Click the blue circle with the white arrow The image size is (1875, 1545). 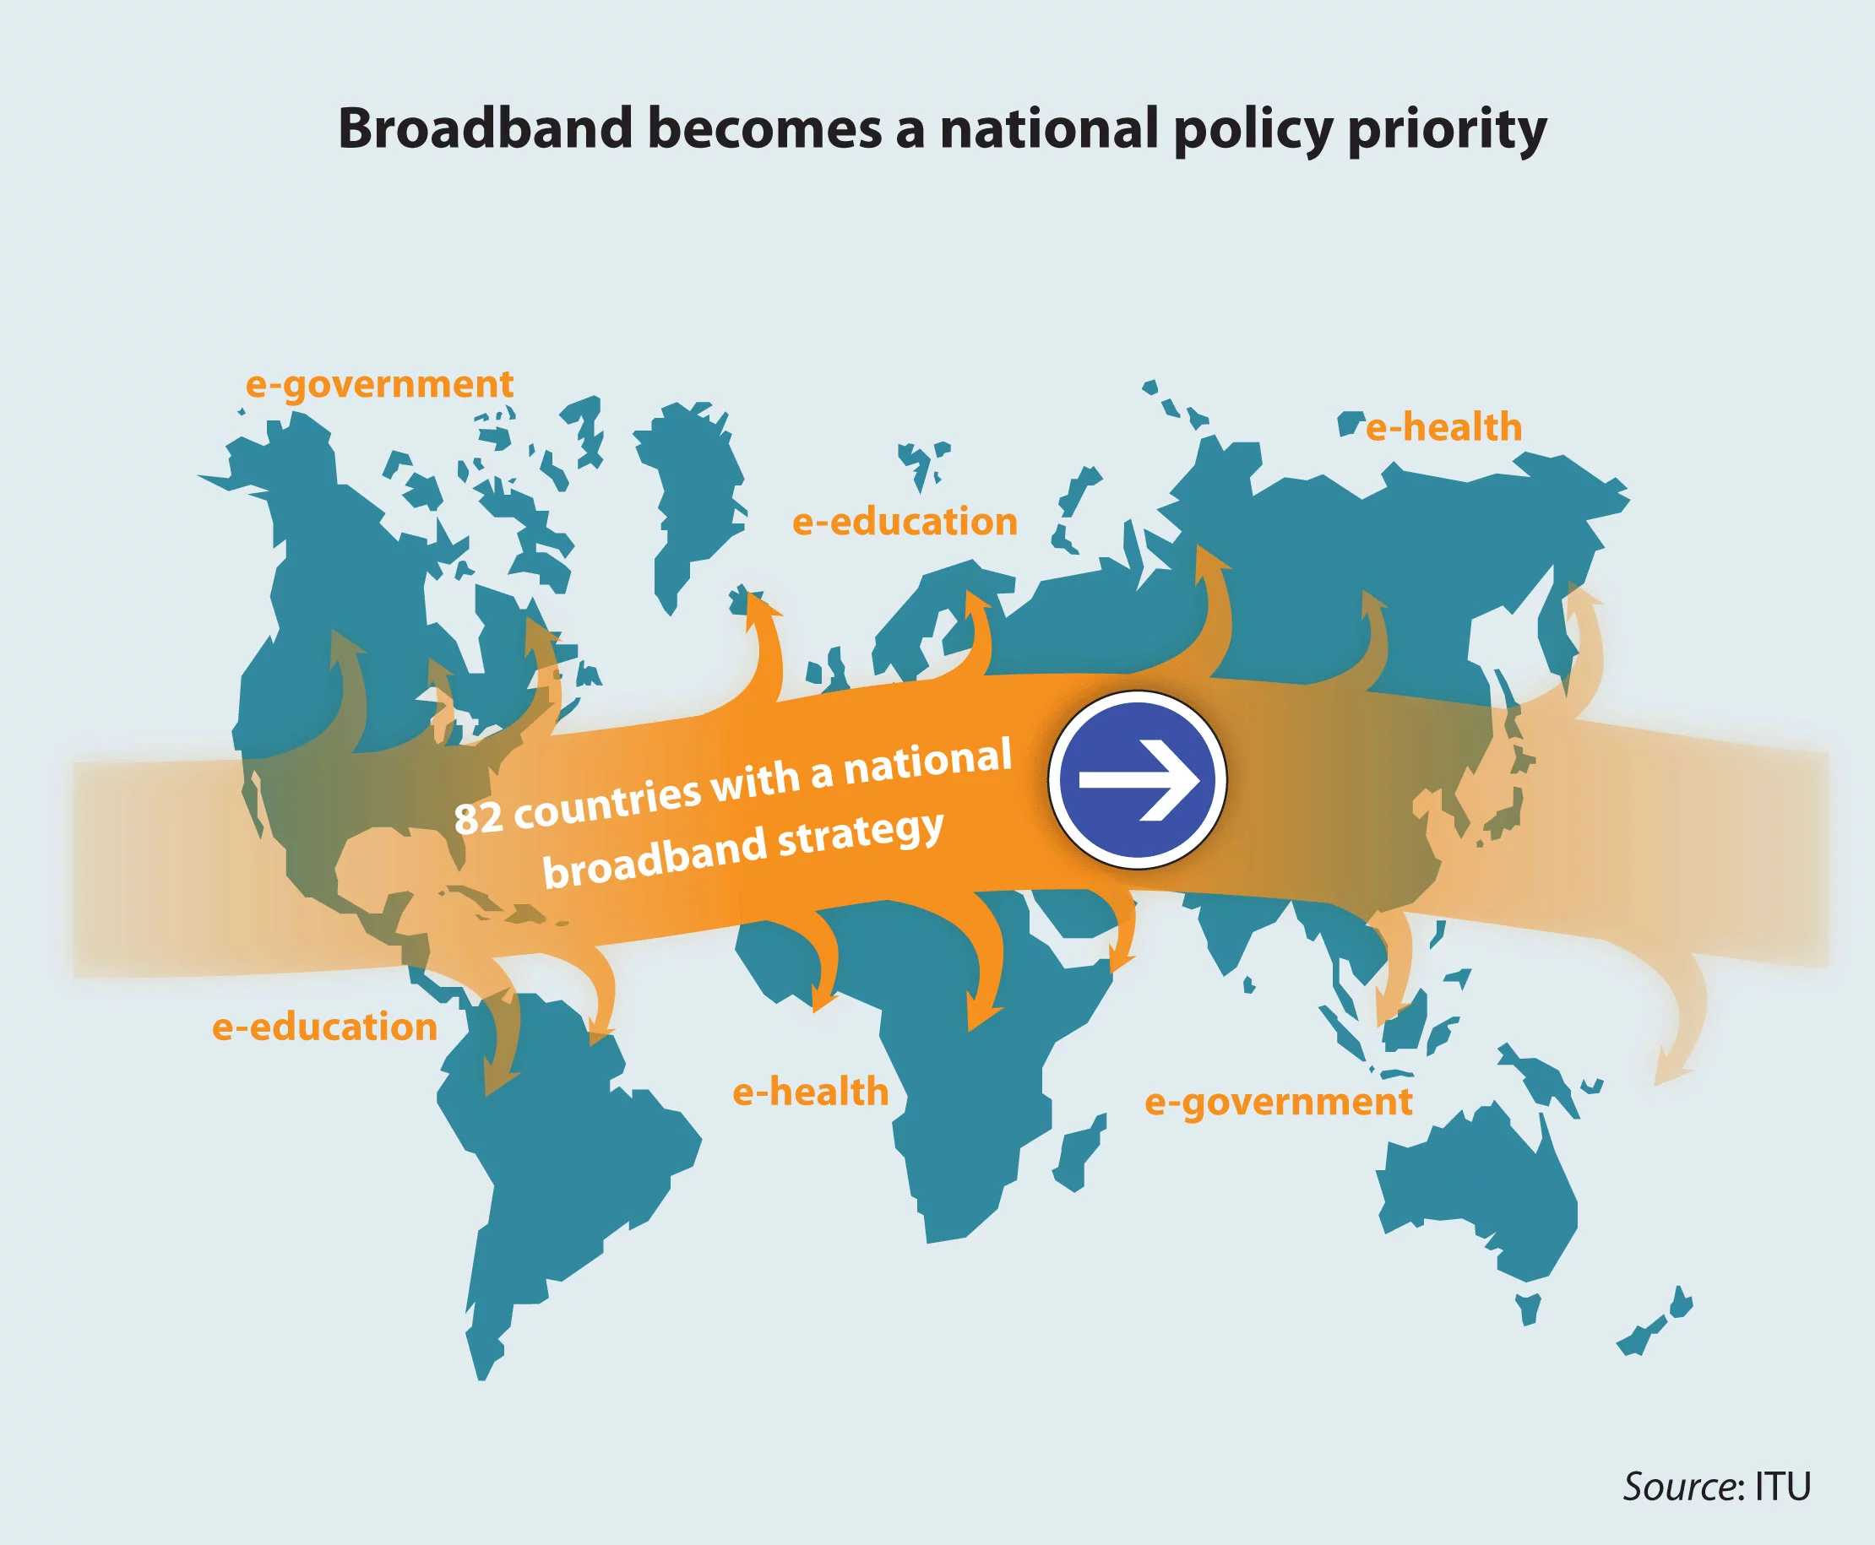(1137, 779)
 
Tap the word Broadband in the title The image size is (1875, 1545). (486, 128)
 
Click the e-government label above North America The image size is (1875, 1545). (379, 384)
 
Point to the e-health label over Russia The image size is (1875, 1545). (1444, 427)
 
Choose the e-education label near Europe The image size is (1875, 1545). (905, 522)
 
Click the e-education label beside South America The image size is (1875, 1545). (325, 1027)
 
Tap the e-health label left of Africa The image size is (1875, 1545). (810, 1092)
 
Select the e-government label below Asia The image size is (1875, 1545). (1278, 1103)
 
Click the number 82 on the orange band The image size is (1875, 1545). (479, 817)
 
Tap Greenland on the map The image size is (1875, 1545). (687, 498)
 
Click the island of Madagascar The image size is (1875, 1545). (1079, 1152)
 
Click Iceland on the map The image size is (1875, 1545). (744, 601)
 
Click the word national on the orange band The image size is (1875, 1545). (927, 762)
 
